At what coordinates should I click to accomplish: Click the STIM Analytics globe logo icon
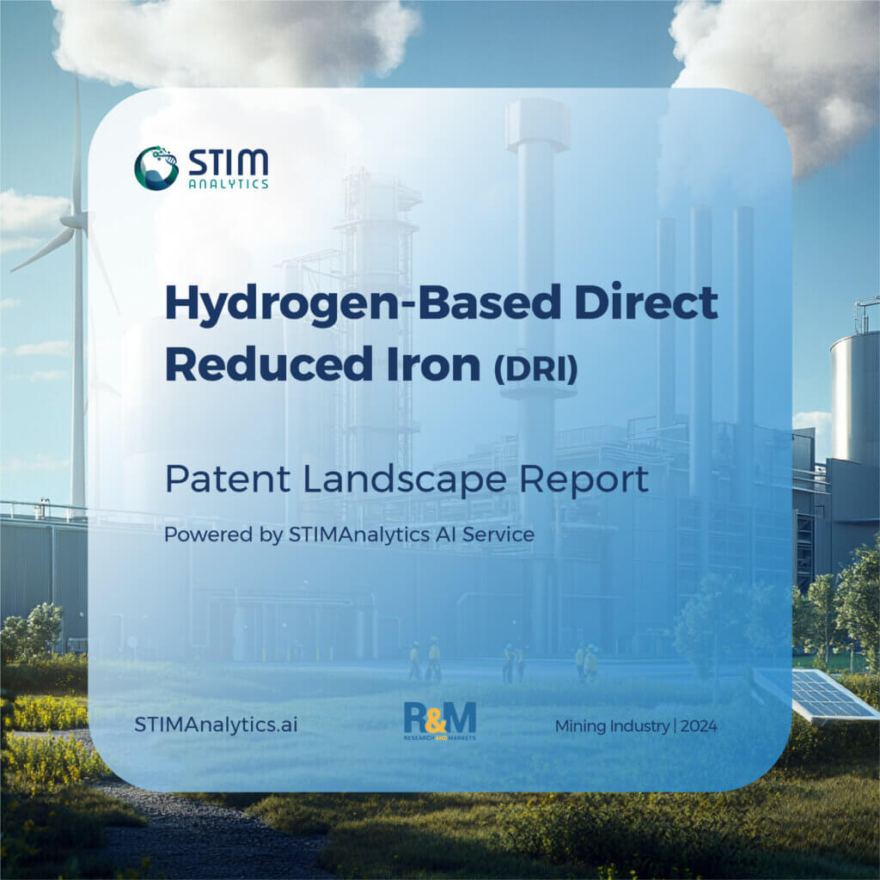(x=156, y=168)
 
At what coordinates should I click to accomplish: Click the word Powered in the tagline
(x=199, y=535)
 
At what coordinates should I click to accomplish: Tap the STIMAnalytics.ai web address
(x=216, y=725)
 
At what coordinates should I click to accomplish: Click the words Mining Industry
(x=612, y=726)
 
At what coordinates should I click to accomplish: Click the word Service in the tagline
(x=504, y=535)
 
